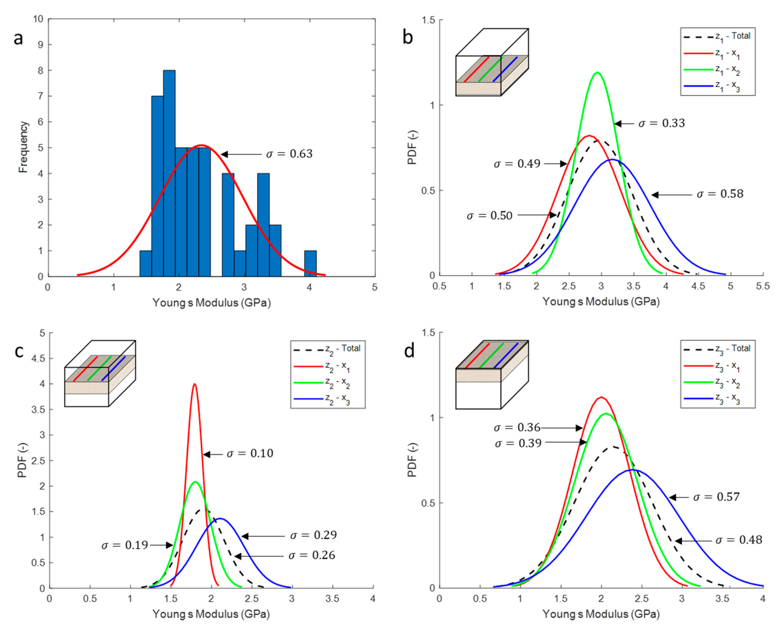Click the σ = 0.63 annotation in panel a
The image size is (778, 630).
tap(289, 154)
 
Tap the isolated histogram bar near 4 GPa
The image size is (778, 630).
tap(310, 263)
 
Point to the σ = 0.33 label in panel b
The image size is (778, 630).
tap(661, 123)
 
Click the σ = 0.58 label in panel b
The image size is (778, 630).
tap(720, 194)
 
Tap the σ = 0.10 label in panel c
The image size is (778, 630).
tap(250, 453)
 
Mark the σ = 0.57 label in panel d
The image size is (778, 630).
tap(716, 497)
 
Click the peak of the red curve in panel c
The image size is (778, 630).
tap(195, 384)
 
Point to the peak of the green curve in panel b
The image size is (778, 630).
tap(597, 72)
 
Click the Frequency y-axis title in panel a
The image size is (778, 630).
tap(23, 147)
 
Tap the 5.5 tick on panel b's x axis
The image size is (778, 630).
tap(763, 286)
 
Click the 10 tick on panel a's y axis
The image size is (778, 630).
tap(38, 19)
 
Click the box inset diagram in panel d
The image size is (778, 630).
tap(491, 375)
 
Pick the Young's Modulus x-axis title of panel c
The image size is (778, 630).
tap(211, 614)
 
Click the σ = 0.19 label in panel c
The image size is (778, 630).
tap(124, 545)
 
